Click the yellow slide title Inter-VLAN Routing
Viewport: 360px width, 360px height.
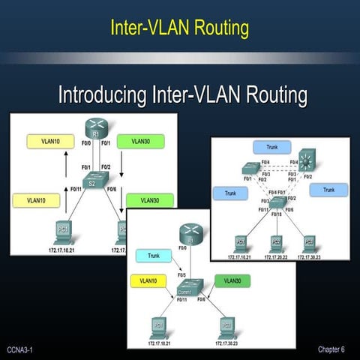click(179, 28)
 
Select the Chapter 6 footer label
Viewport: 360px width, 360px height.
click(331, 349)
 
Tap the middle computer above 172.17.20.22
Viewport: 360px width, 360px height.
click(275, 242)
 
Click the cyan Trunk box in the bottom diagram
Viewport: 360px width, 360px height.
click(153, 256)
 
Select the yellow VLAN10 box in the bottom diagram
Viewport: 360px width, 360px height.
click(153, 280)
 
